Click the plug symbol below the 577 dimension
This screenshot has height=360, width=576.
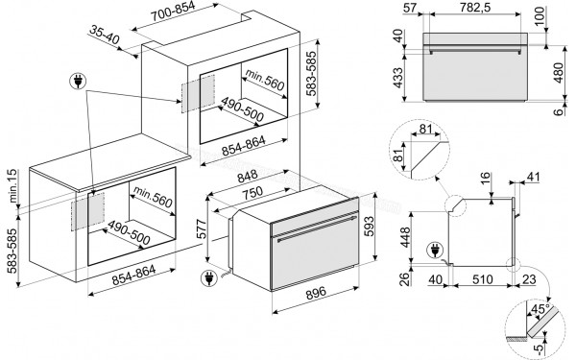pyautogui.click(x=207, y=280)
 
